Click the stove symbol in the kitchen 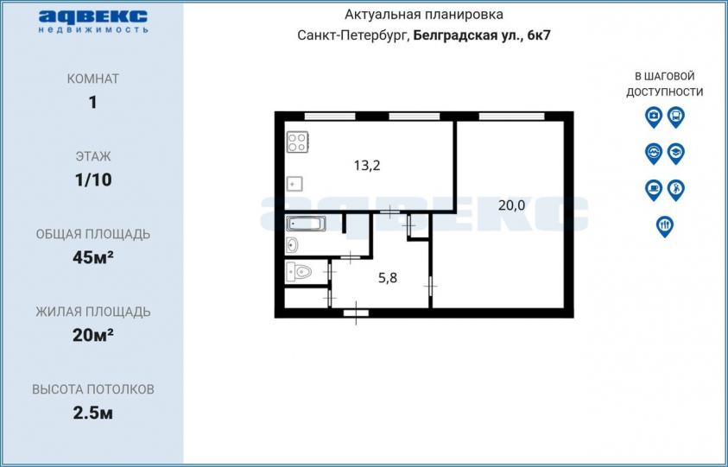298,142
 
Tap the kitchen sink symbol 294,184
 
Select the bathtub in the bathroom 306,224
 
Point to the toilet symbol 299,272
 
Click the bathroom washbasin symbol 292,244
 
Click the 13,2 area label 367,165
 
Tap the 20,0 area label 511,205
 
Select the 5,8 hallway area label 388,278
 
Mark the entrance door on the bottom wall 356,313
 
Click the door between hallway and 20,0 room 430,286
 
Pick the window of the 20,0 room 511,116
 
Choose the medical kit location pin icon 654,117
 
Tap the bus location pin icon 676,117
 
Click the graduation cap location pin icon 676,154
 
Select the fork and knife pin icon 665,226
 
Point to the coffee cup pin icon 654,190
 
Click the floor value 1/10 93,180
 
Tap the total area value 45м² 93,257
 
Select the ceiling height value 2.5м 93,413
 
